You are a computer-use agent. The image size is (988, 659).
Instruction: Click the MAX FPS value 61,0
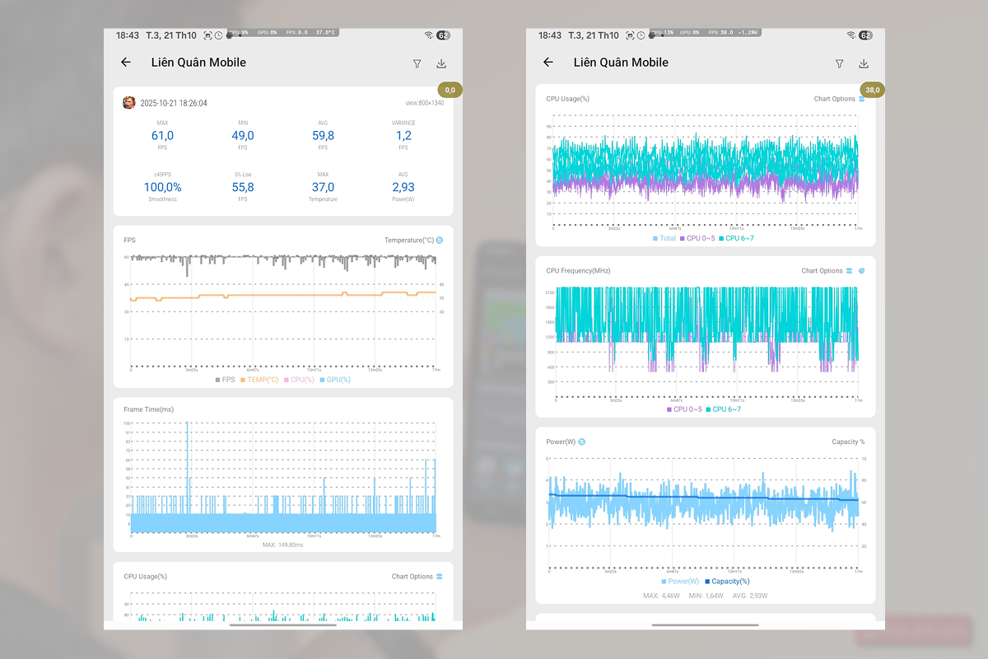click(162, 136)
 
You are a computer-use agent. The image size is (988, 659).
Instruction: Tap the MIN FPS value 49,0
click(242, 136)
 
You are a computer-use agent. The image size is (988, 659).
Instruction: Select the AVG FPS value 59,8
click(323, 136)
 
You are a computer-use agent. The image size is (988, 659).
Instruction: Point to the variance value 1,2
click(403, 136)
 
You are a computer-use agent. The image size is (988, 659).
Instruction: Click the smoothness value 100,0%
click(162, 188)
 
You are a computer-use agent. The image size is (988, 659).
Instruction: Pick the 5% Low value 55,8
click(242, 188)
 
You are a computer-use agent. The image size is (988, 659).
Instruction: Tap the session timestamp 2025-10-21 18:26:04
click(174, 104)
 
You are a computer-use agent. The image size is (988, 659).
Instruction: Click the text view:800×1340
click(425, 104)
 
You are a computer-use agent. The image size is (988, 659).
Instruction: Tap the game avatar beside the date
click(129, 103)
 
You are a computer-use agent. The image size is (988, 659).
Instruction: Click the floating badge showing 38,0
click(872, 90)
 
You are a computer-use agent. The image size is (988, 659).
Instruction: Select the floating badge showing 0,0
click(450, 90)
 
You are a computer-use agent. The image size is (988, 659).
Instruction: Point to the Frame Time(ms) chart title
click(149, 409)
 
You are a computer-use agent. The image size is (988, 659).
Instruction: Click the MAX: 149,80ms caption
click(283, 544)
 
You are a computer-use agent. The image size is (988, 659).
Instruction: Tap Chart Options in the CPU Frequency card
click(822, 271)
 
